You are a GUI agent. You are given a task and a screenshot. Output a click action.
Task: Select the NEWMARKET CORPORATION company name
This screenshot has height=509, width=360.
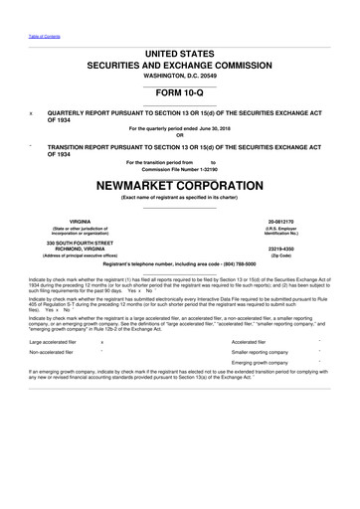[180, 185]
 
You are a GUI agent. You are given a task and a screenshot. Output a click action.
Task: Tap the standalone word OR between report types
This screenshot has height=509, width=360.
[180, 135]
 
